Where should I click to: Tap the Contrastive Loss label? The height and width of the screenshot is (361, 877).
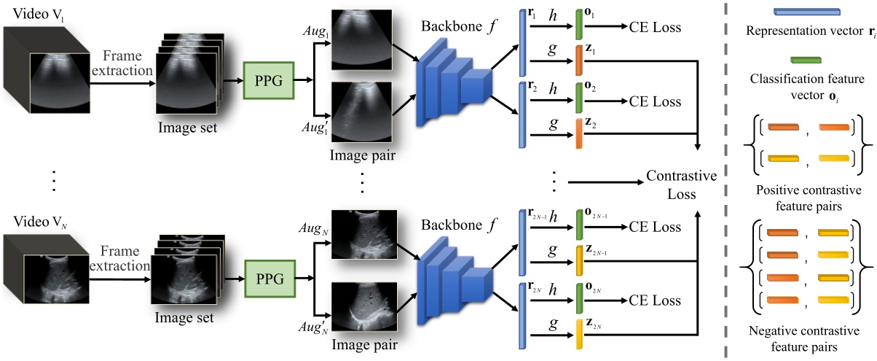(682, 186)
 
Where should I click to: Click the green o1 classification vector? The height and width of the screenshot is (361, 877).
(578, 25)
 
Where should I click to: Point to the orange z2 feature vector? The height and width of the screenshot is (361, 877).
(578, 133)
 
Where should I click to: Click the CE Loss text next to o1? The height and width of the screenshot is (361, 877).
(656, 28)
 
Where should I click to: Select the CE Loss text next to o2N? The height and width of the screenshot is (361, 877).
(656, 300)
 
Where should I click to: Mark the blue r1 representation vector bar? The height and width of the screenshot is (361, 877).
(522, 42)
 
